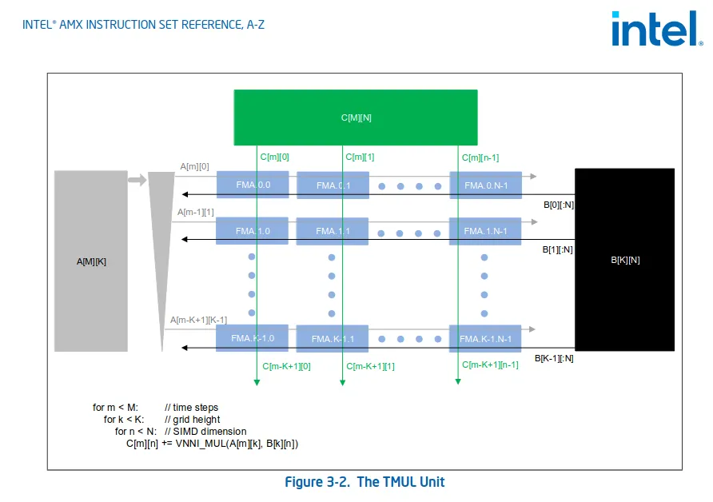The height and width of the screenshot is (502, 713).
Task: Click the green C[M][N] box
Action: click(x=356, y=118)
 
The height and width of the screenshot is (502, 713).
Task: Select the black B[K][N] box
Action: click(x=624, y=260)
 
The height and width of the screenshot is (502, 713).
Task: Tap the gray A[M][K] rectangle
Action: click(x=90, y=261)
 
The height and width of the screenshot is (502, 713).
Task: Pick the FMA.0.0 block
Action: click(x=252, y=185)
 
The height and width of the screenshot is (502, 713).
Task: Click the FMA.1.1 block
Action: click(x=333, y=231)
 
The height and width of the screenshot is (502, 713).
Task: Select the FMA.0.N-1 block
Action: click(x=485, y=185)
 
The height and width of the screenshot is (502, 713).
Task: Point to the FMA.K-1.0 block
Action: click(x=252, y=338)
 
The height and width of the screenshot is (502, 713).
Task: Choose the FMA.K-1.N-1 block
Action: click(x=485, y=338)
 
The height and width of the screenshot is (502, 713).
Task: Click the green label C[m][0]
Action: click(x=274, y=157)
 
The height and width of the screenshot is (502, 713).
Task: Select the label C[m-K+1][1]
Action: click(x=370, y=366)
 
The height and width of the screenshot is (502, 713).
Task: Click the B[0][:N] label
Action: click(x=558, y=205)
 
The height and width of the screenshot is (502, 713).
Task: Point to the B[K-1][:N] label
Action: click(x=554, y=358)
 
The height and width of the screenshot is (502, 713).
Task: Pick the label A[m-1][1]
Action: click(x=196, y=213)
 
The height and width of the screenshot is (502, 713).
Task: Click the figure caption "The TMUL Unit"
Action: click(x=364, y=482)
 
